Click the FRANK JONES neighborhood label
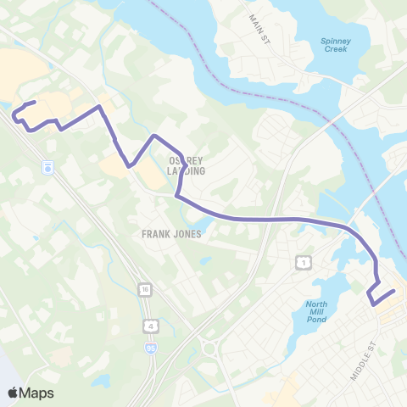(x=172, y=234)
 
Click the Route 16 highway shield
(x=146, y=289)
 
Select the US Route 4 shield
(x=150, y=325)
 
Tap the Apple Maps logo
(x=31, y=393)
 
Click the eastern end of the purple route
(x=394, y=292)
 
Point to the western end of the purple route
(x=34, y=103)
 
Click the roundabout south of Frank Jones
(x=209, y=347)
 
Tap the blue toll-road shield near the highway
(x=48, y=167)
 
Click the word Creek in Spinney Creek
(x=336, y=50)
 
